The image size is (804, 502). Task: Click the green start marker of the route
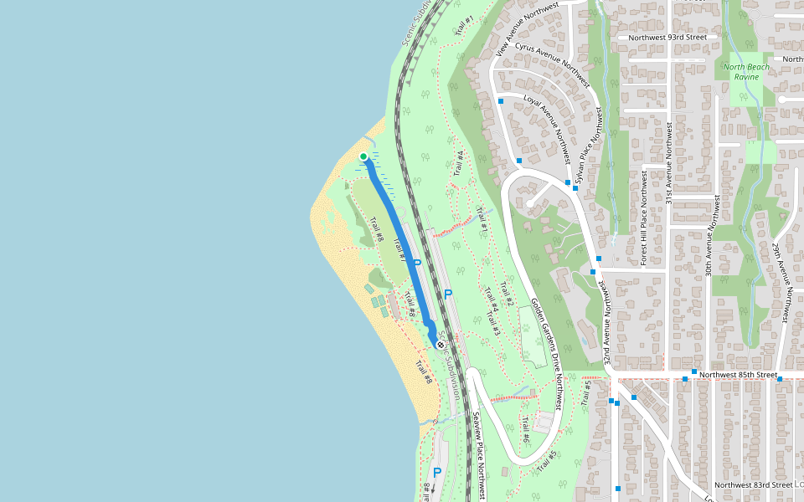click(x=363, y=156)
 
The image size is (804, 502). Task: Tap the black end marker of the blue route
click(x=441, y=343)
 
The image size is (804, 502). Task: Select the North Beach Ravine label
click(x=741, y=72)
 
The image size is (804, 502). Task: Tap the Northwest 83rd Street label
click(x=754, y=484)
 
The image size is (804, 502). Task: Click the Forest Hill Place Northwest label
click(x=644, y=219)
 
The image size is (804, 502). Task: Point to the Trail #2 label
click(x=506, y=295)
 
